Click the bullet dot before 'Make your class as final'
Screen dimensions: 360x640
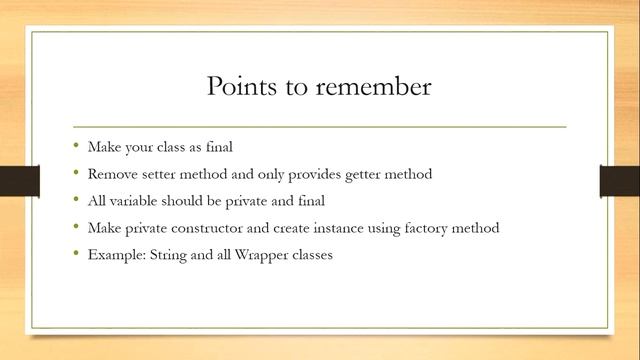click(76, 145)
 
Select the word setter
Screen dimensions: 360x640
click(158, 174)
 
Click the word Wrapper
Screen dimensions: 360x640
click(256, 255)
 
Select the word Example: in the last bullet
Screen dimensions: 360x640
click(115, 255)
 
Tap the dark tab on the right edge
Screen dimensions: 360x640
click(619, 180)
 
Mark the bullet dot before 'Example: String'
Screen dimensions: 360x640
click(76, 254)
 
